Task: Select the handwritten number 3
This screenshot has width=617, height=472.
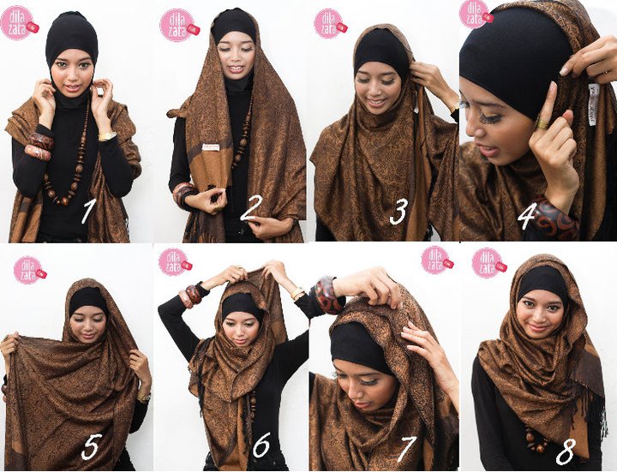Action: (397, 212)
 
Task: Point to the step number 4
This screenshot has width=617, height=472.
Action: (527, 215)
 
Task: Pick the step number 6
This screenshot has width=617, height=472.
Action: (261, 444)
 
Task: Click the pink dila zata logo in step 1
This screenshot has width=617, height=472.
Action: (18, 22)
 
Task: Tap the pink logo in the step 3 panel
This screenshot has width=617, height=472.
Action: (329, 22)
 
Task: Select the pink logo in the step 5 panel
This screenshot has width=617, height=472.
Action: (29, 268)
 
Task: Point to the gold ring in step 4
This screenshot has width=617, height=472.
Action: (541, 123)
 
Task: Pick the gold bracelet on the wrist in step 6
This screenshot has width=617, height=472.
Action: (297, 294)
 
